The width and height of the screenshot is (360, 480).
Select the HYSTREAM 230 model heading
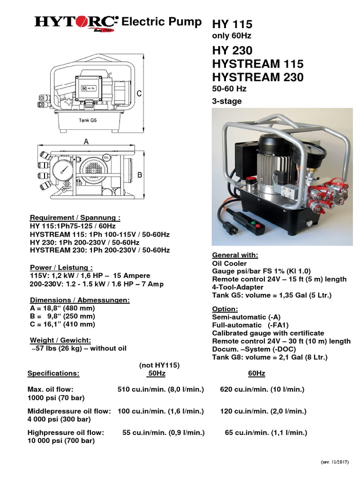258,77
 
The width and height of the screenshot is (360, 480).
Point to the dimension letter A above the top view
86,141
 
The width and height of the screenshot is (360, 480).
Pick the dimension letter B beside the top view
139,175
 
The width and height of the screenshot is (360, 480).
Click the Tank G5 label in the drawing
87,120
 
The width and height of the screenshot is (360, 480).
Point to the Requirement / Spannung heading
75,218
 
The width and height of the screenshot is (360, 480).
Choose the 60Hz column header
256,374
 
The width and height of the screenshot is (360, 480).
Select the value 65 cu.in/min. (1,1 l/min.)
266,433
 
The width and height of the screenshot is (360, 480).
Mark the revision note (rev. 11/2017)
336,462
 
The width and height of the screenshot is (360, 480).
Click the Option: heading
225,309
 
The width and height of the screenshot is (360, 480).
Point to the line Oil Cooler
230,263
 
